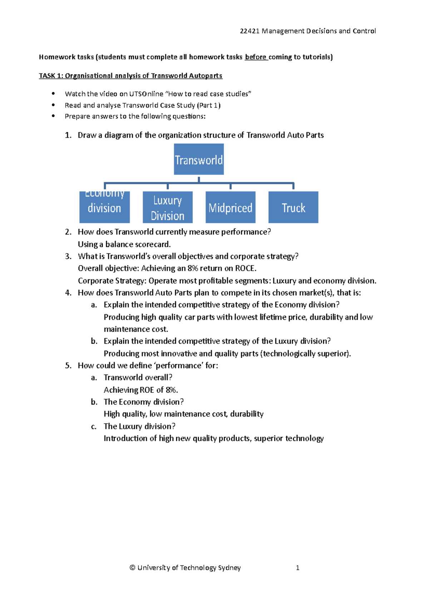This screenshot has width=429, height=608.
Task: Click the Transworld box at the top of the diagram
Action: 199,159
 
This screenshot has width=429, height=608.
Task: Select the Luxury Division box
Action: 167,207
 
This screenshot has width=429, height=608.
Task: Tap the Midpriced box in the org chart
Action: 230,207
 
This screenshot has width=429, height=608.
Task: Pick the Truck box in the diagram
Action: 293,207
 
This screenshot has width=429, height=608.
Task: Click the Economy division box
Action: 104,207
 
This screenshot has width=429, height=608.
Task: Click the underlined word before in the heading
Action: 255,57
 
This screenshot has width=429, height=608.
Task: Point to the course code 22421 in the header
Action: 249,31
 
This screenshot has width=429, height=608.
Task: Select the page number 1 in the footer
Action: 297,568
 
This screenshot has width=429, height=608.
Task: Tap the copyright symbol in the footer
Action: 132,568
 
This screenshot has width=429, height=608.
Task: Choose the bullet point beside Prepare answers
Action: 53,116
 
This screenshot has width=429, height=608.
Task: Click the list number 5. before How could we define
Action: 68,366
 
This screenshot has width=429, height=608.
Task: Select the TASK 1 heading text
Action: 130,76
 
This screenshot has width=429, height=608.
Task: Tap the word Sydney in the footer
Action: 229,568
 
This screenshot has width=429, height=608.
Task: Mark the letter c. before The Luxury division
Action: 94,426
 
